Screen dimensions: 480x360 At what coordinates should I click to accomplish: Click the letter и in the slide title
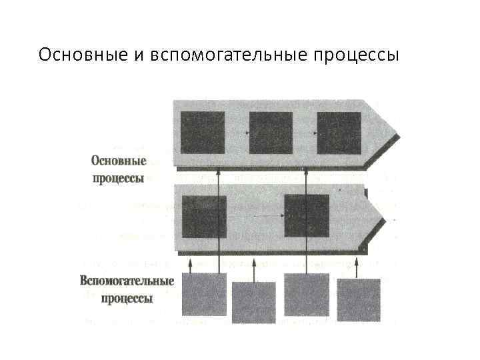pos(139,54)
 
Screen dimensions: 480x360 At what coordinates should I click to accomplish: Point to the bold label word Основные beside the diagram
pos(118,162)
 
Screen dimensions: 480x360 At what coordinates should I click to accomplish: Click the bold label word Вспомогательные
pos(127,281)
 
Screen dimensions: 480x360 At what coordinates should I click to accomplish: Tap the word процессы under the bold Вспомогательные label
pos(127,298)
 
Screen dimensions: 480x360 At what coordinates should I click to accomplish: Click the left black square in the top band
pos(203,132)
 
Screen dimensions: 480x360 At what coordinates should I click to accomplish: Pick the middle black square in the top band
pos(271,132)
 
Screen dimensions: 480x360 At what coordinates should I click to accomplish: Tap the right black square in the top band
pos(339,132)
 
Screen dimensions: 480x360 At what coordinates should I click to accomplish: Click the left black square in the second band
pos(204,215)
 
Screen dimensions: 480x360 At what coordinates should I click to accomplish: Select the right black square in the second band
pos(307,215)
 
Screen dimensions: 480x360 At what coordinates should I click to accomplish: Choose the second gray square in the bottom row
pos(253,302)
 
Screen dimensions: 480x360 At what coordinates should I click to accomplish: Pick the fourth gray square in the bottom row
pos(359,300)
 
